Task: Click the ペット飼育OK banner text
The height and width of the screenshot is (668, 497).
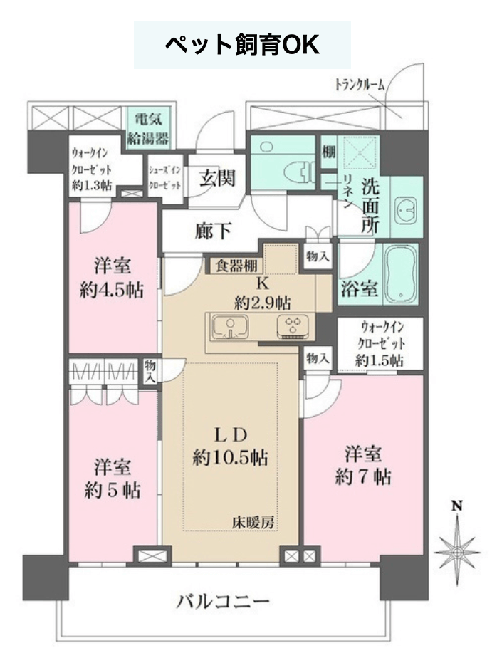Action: (x=242, y=45)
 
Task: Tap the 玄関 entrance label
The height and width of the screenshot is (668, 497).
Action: (x=218, y=177)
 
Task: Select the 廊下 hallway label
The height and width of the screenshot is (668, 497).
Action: (x=214, y=231)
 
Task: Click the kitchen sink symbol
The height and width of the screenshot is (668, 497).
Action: (x=231, y=327)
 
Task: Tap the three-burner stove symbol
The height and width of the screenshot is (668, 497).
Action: (x=293, y=327)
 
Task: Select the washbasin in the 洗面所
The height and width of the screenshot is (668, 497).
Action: (x=407, y=209)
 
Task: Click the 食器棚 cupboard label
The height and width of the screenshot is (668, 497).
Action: (x=236, y=266)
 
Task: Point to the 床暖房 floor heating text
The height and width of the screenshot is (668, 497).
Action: (x=253, y=522)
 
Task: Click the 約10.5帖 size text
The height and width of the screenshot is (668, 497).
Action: (x=231, y=457)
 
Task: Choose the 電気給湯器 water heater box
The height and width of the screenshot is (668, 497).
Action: (x=149, y=127)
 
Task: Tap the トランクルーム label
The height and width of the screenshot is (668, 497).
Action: (x=360, y=85)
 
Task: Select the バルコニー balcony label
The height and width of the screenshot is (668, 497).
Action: (x=224, y=602)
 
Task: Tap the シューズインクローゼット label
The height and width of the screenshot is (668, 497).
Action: (x=164, y=177)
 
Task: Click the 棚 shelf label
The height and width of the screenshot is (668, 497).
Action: (x=329, y=151)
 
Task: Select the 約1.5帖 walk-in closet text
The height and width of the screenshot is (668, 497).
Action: (x=380, y=361)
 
